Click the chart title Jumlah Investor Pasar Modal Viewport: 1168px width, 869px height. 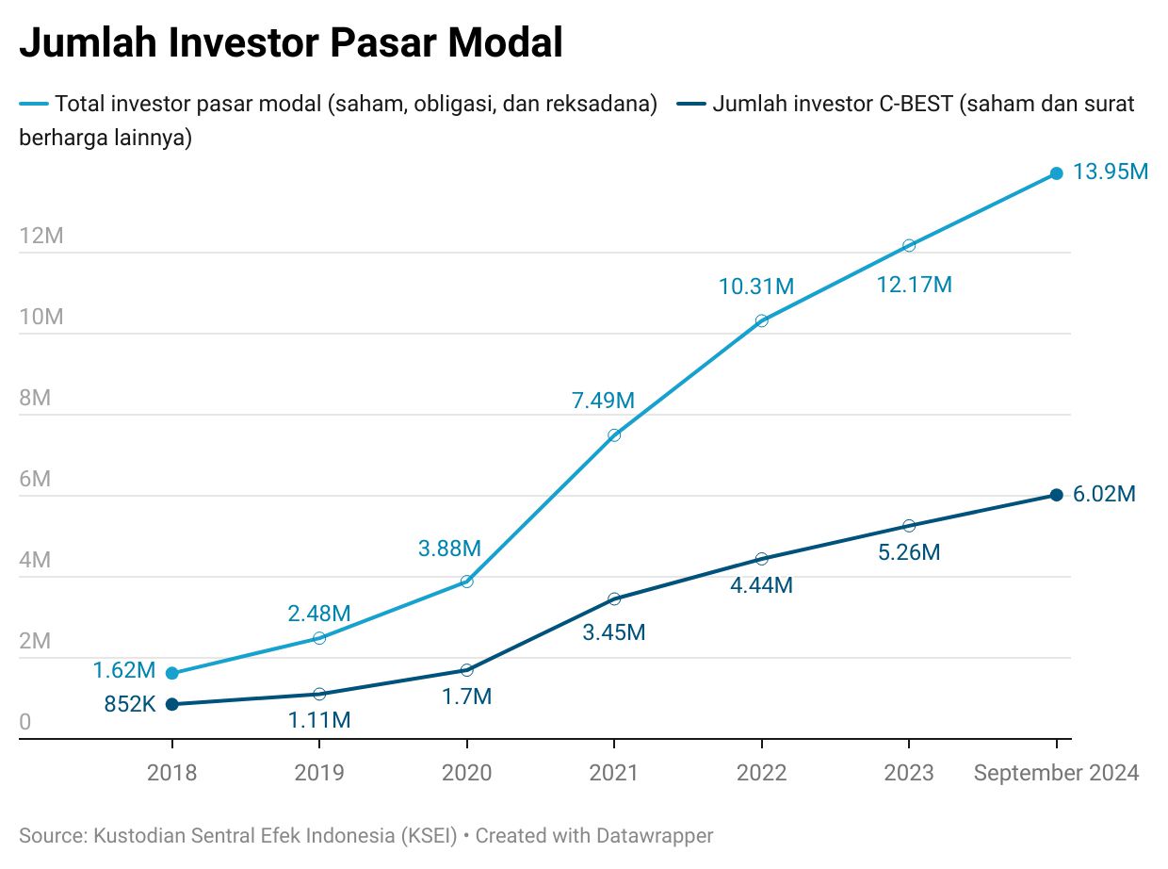pos(291,43)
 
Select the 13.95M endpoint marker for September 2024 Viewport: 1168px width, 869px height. pos(1056,173)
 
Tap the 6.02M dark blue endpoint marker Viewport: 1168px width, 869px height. pos(1056,495)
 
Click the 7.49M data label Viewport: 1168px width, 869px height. pos(603,400)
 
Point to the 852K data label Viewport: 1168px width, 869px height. pos(129,703)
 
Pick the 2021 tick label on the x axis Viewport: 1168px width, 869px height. pos(613,773)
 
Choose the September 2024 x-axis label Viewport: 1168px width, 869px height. pos(1056,773)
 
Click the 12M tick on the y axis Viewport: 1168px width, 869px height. pos(41,236)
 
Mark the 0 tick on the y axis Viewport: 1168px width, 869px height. pos(25,723)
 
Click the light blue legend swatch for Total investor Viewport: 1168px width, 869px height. pos(34,104)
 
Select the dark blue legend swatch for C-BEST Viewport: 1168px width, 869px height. pos(691,104)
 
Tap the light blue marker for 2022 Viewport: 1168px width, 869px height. pos(761,320)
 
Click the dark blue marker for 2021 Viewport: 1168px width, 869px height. pos(614,598)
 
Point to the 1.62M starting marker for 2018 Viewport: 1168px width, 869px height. pos(171,673)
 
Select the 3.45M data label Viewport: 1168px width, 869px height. pos(613,632)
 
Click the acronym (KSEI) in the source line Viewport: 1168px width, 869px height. pos(429,835)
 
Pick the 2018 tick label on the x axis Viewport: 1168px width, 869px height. pos(171,773)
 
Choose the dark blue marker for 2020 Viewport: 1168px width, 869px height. pos(466,670)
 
